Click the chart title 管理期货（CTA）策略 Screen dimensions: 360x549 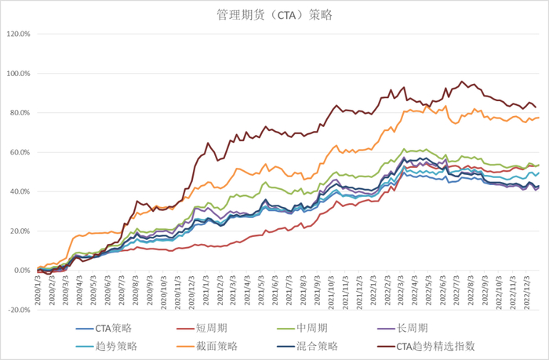click(274, 15)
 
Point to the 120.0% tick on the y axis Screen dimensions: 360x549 click(17, 35)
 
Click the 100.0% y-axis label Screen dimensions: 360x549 click(17, 74)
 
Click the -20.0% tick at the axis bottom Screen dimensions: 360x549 click(17, 309)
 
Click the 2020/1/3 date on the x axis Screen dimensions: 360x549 click(38, 287)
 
